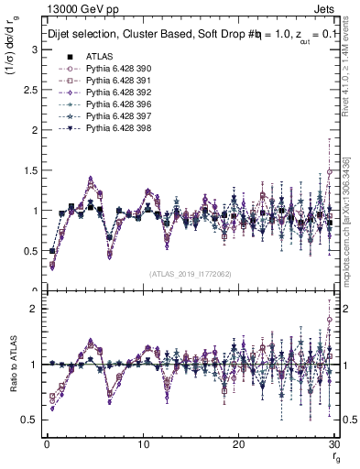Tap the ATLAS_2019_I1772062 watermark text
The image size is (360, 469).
pyautogui.click(x=190, y=274)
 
